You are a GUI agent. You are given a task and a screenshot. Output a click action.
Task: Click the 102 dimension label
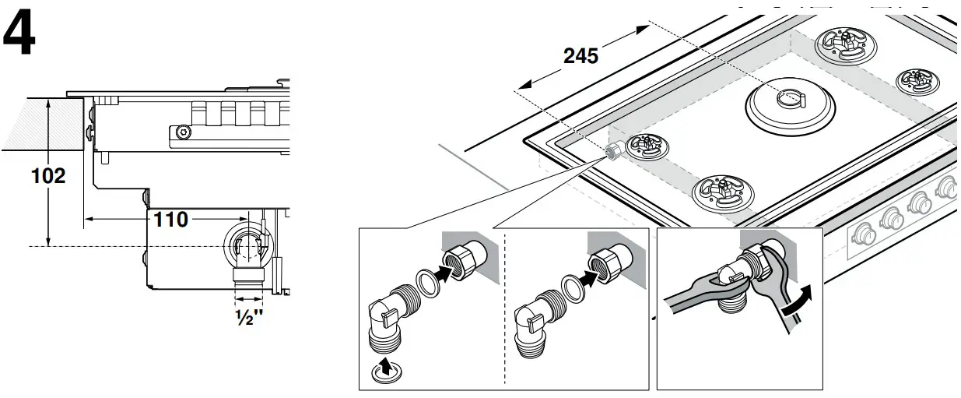[x=48, y=176]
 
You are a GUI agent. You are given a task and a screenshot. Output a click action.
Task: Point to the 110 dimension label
[x=170, y=220]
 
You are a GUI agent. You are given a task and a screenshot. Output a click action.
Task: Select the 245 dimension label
[x=580, y=56]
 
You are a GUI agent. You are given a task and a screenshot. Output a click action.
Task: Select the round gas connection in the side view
[x=248, y=247]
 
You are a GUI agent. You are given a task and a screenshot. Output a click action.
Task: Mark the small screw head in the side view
[x=183, y=132]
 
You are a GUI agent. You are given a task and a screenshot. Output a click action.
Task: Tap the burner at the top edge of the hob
[x=842, y=43]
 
